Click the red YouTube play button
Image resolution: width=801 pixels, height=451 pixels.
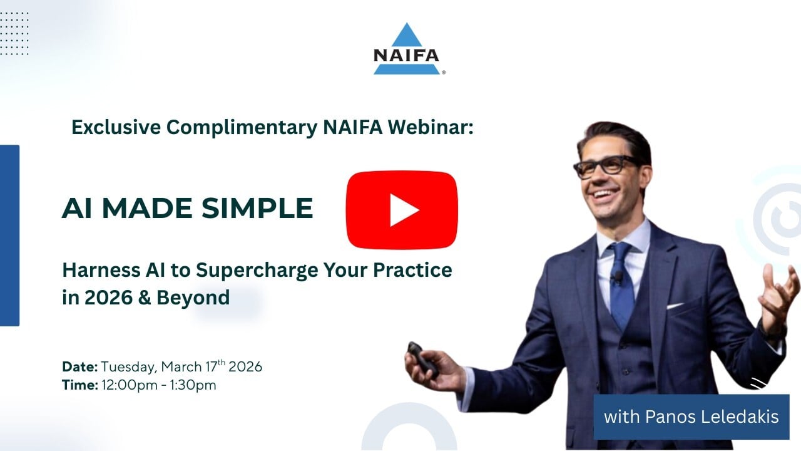(402, 210)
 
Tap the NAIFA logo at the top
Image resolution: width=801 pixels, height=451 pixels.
(407, 49)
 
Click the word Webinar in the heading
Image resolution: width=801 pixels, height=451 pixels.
(431, 127)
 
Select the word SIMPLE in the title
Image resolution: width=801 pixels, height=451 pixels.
(257, 208)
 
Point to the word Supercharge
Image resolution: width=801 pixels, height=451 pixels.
(257, 271)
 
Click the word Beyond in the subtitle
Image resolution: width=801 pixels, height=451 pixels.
(193, 298)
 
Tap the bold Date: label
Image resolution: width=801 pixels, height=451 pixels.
(79, 367)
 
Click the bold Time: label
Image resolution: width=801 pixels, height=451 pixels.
(80, 385)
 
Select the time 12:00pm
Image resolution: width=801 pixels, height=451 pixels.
(130, 385)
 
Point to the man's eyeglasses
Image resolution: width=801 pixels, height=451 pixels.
(605, 167)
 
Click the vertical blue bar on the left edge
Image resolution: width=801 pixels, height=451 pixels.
(9, 236)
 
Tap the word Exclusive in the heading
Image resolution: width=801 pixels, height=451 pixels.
(116, 127)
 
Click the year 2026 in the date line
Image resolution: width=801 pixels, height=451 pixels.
(245, 367)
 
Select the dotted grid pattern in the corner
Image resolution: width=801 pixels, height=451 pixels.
(14, 33)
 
